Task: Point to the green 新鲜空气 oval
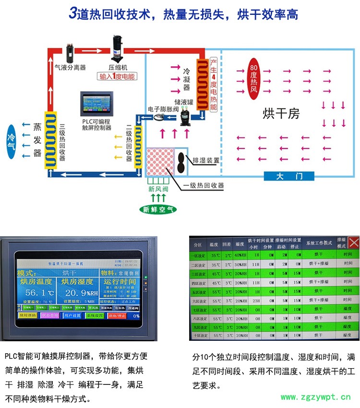coord(158,209)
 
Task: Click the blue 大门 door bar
coord(289,176)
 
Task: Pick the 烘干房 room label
coord(281,113)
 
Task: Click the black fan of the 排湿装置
coord(181,160)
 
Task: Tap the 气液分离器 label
coord(70,67)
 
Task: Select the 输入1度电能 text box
coord(117,76)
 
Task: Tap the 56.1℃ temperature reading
coord(40,292)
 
